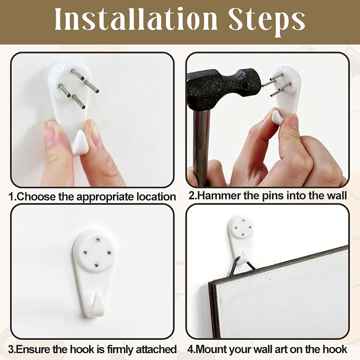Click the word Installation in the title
click(x=136, y=19)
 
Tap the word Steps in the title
click(x=267, y=20)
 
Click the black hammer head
click(x=225, y=90)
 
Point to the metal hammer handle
click(x=201, y=147)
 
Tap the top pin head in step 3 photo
click(x=97, y=240)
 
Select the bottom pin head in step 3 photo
click(x=96, y=265)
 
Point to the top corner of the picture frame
click(x=347, y=246)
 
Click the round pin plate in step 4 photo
click(x=242, y=227)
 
